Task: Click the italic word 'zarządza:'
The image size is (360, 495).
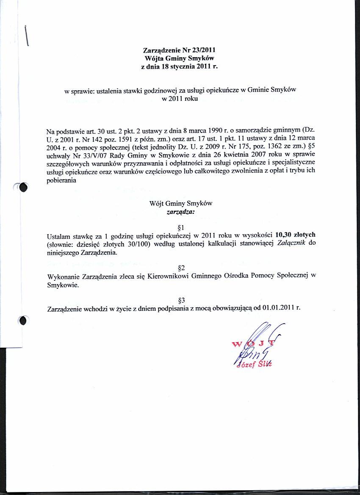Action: [181, 211]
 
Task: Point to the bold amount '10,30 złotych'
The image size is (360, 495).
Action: [295, 235]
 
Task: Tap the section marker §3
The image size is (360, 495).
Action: [181, 300]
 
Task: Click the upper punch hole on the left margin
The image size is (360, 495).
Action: [23, 188]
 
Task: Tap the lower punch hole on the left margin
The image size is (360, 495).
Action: [23, 321]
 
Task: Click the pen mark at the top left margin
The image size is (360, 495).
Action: [27, 35]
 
